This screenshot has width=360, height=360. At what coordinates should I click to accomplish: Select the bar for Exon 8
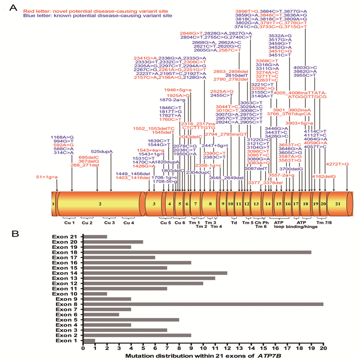click(203, 303)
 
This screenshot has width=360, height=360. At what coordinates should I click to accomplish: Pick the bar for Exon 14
click(155, 273)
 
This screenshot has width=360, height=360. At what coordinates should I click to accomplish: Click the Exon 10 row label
click(67, 293)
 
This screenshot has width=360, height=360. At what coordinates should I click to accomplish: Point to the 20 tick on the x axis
click(323, 347)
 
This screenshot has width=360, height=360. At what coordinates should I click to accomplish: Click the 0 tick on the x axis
click(83, 347)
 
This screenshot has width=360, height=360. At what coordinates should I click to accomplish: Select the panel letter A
click(13, 8)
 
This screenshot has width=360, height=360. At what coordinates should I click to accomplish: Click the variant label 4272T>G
click(337, 164)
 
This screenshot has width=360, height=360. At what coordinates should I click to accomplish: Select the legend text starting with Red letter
click(89, 10)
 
